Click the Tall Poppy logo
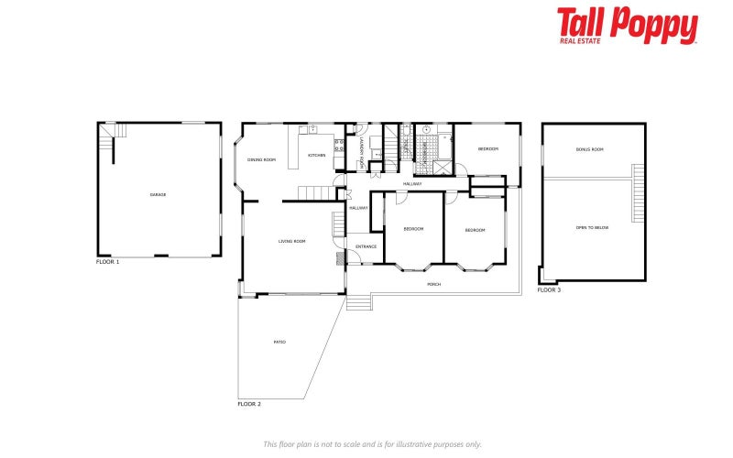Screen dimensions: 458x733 (628, 26)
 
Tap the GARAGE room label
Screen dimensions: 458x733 (159, 194)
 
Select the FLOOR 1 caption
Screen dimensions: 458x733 (108, 262)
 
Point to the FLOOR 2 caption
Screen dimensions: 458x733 (249, 404)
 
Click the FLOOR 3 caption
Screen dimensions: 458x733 (549, 290)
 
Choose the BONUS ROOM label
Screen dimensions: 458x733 (590, 149)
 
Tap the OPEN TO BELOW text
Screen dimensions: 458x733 (592, 227)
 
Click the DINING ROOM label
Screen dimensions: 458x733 (261, 160)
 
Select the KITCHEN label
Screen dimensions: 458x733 (316, 155)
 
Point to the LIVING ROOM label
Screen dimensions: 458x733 (292, 241)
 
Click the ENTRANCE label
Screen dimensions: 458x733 (366, 246)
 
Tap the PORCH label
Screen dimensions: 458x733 (434, 284)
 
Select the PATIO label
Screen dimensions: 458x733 (279, 342)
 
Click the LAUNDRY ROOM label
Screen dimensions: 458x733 (363, 157)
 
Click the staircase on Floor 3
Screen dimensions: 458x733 (638, 186)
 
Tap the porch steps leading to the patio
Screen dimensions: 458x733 (358, 301)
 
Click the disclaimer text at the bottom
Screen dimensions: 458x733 (372, 443)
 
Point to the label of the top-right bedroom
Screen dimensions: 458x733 (487, 148)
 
